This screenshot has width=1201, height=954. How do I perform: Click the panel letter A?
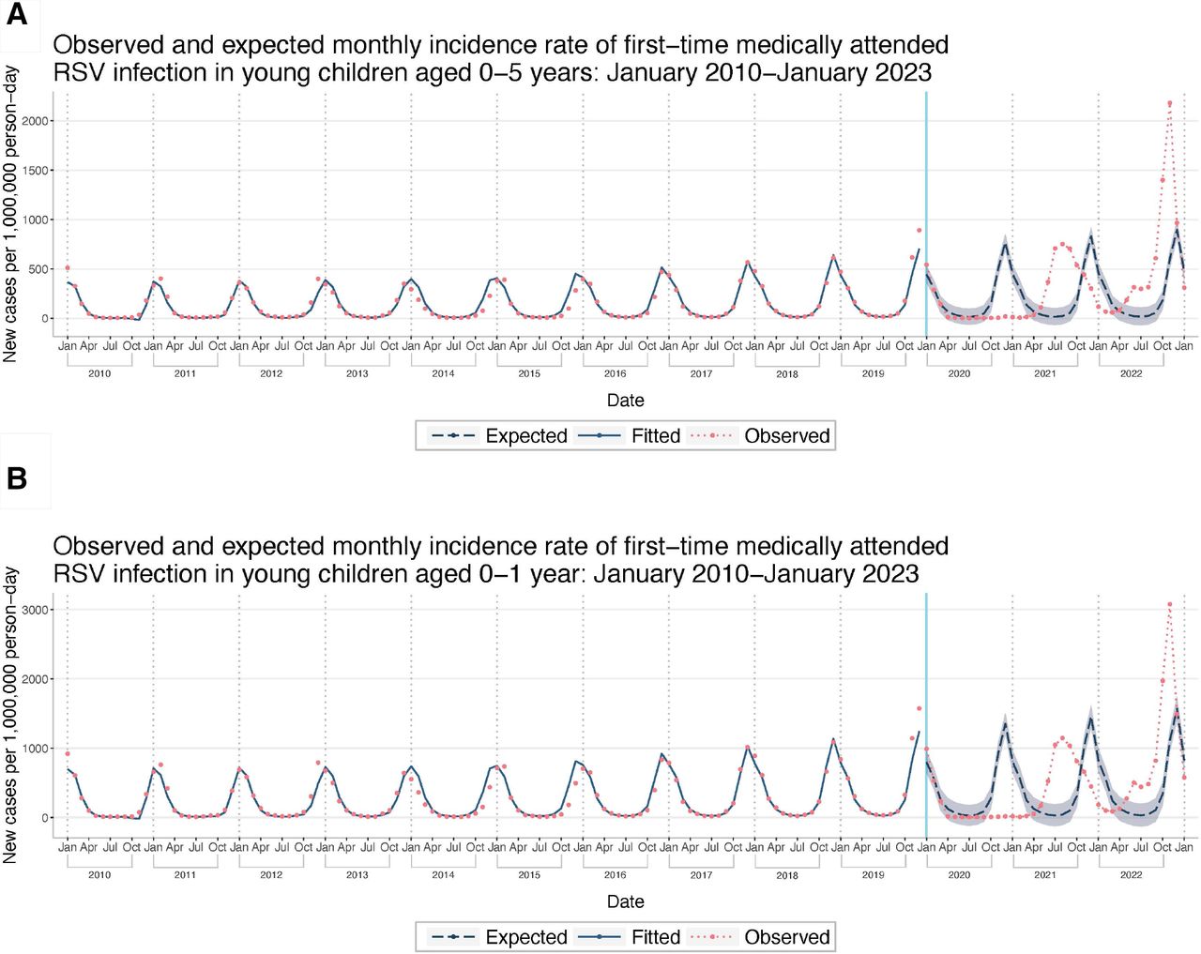[x=17, y=16]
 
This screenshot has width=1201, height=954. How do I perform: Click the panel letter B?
[x=17, y=478]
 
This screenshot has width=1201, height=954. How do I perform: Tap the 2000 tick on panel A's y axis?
[x=35, y=121]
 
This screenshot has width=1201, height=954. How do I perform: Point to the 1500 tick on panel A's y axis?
[x=35, y=171]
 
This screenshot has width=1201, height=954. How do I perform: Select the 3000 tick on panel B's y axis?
[x=35, y=610]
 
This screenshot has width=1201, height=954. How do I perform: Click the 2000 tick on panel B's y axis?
[x=35, y=679]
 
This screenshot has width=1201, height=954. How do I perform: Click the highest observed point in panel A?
[x=1169, y=103]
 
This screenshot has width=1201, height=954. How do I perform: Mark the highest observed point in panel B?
[x=1169, y=605]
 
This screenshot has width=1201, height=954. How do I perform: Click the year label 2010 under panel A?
[x=99, y=373]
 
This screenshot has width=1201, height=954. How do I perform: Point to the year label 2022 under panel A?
[x=1131, y=373]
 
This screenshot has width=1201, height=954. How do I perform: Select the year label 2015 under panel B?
[x=529, y=874]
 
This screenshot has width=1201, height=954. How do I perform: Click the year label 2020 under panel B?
[x=959, y=874]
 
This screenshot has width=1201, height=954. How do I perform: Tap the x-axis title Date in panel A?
[x=625, y=401]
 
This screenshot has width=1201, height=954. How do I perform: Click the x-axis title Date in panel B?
[x=625, y=901]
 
